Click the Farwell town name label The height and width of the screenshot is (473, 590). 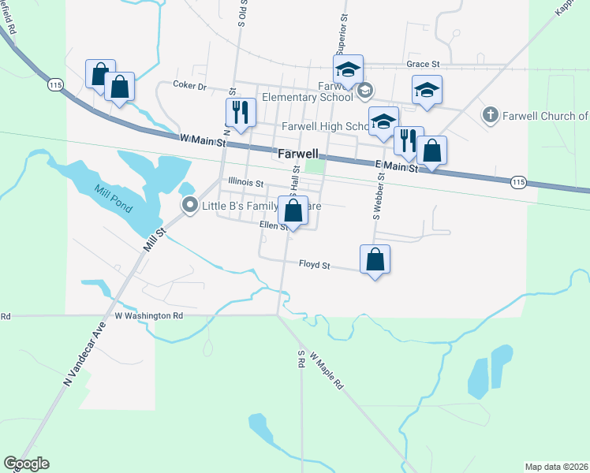298,154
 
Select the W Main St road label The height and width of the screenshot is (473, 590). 203,140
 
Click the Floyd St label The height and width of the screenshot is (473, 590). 314,265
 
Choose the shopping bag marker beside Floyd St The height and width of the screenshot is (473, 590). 375,259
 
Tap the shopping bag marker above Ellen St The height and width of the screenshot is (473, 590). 293,211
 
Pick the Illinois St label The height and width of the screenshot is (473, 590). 245,182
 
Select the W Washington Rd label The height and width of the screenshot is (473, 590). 148,315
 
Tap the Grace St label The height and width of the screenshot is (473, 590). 423,63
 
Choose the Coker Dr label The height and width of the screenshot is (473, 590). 189,85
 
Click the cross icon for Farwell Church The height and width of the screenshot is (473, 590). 489,116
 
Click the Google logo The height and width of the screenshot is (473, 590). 26,464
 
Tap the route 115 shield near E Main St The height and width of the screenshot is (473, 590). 517,181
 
